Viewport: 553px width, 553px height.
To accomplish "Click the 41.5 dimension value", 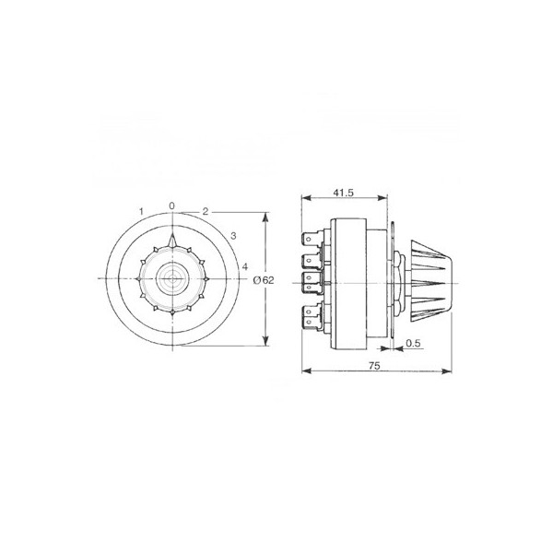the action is [x=343, y=193].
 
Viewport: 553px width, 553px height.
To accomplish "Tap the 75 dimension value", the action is [x=374, y=366].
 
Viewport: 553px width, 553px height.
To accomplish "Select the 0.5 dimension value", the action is [x=413, y=343].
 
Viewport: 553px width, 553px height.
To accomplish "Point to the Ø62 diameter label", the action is [x=264, y=280].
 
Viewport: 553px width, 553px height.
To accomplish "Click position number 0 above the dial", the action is [x=171, y=206].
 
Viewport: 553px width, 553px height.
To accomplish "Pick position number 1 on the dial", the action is [x=141, y=211].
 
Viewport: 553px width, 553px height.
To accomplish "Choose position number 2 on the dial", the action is [x=206, y=211].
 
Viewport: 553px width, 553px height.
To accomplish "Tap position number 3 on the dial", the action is [x=233, y=236].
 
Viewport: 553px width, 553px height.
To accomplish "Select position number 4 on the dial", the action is [x=245, y=266].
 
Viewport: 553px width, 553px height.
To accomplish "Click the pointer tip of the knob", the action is [x=172, y=233].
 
